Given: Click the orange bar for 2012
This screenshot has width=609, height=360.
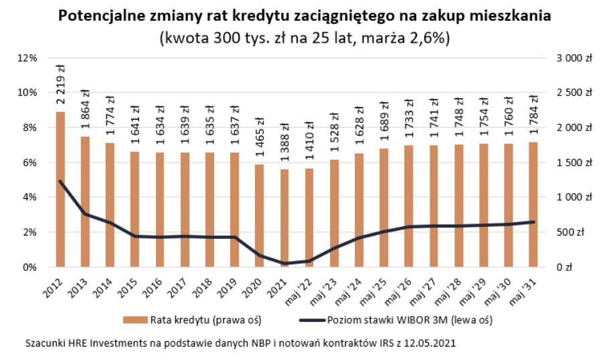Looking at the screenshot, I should [x=60, y=189].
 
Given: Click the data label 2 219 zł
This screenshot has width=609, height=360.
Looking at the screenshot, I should [x=60, y=85].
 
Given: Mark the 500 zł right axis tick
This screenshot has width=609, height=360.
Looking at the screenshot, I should [x=574, y=232].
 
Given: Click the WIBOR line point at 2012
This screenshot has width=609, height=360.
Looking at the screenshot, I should [x=60, y=181].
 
